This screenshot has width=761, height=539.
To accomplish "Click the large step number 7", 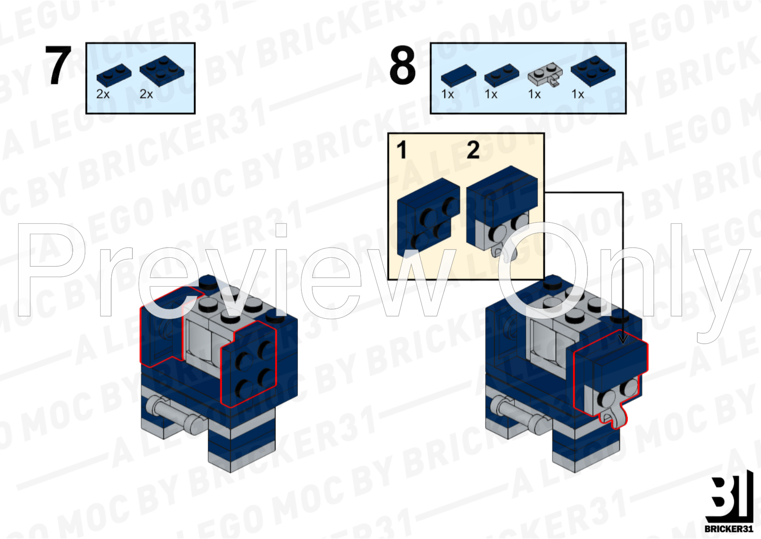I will pos(58,66).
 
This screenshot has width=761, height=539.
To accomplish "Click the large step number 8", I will pos(402,66).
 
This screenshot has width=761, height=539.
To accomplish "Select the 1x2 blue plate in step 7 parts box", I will pos(114,75).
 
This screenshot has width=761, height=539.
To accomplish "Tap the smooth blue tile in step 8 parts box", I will pos(458,75).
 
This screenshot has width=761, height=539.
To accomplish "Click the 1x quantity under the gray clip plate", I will pos(534,94).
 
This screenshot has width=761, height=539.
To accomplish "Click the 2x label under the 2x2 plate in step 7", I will pos(146,94).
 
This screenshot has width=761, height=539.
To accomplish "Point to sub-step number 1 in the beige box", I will pos(402,150).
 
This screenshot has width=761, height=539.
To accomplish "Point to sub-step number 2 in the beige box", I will pos(473,150).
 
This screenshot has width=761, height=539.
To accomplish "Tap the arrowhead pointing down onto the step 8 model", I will pos(623,338).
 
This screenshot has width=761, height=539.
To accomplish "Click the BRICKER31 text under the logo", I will pos(728,528).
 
